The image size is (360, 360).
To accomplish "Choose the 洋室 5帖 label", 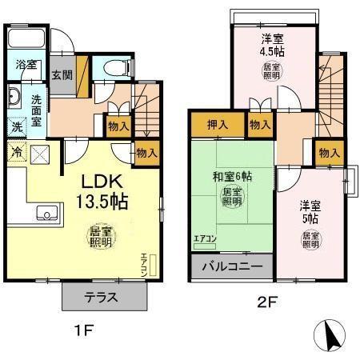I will click(311, 210).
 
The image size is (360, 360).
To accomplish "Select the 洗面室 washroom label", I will click(37, 106).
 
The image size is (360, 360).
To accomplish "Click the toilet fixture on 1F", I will click(108, 68).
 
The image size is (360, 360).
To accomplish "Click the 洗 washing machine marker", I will click(17, 126).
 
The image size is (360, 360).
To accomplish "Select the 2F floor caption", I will click(268, 302).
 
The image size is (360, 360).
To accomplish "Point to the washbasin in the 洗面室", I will click(15, 100).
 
